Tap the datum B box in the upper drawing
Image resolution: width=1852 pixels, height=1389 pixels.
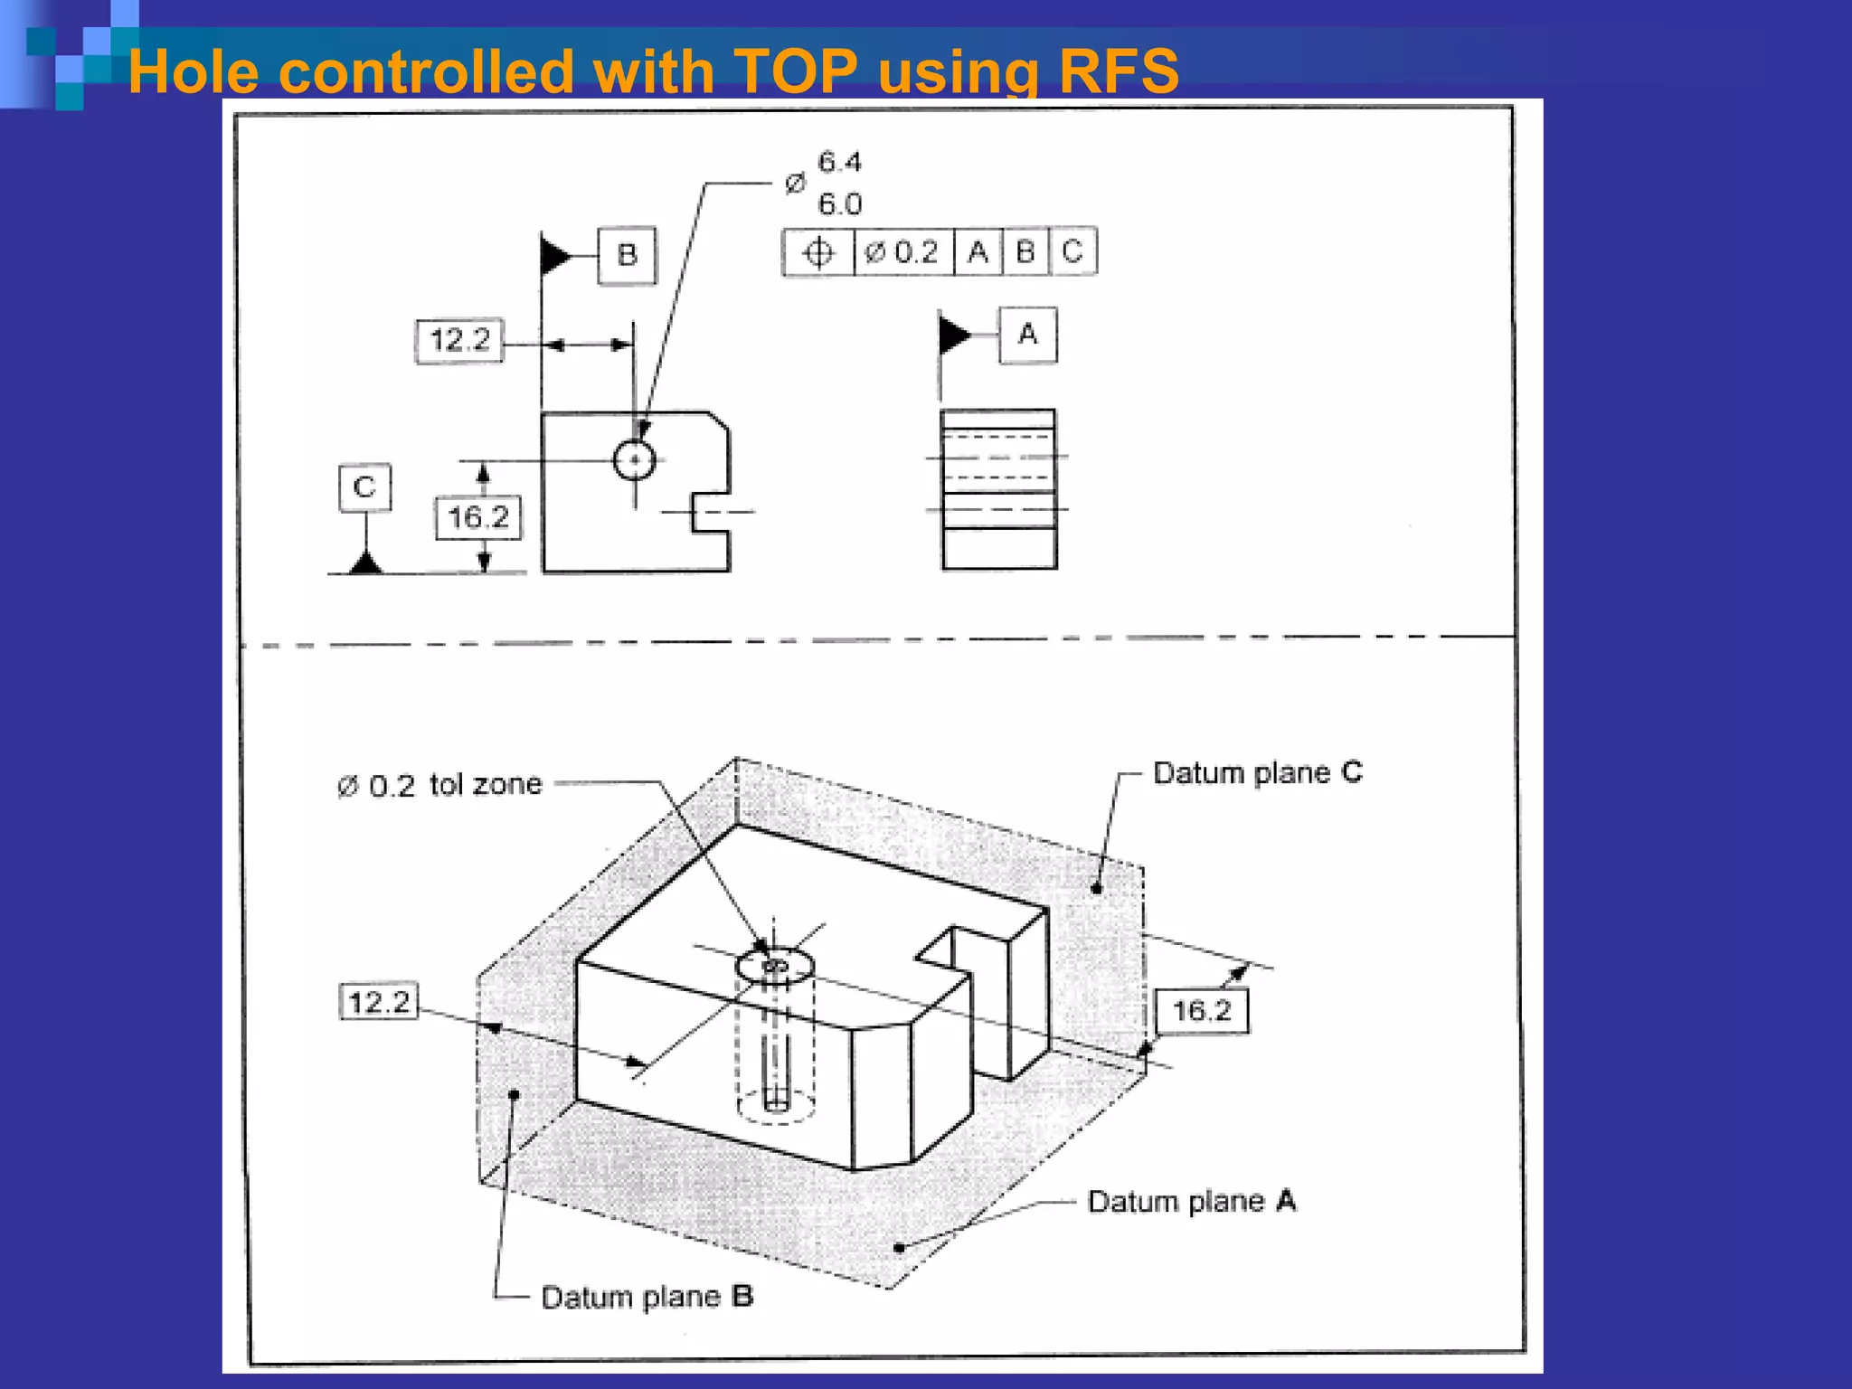coord(627,256)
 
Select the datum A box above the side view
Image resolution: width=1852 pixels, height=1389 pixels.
coord(1027,335)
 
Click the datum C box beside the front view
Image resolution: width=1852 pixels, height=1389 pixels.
coord(364,487)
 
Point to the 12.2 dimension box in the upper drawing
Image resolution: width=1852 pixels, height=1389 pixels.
coord(459,341)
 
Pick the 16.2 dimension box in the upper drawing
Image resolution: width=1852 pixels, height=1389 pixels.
coord(478,518)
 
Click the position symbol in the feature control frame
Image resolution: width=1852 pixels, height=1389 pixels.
coord(817,252)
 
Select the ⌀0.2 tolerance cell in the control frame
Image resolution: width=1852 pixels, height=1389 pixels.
coord(902,252)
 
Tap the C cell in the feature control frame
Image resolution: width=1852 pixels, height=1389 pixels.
coord(1072,252)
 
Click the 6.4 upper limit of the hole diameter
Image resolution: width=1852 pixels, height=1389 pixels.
coord(840,163)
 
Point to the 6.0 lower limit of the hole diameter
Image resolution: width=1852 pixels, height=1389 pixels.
coord(840,204)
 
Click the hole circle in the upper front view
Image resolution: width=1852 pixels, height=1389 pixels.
coord(634,460)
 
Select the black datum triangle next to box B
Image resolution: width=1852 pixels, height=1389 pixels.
coord(555,256)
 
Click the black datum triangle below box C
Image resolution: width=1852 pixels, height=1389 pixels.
coord(365,562)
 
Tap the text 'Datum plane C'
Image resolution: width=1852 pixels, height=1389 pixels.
coord(1258,773)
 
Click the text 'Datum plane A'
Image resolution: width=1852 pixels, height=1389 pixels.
coord(1192,1202)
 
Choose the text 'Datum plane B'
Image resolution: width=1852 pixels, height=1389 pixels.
coord(647,1297)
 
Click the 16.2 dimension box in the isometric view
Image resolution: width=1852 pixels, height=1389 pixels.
coord(1202,1010)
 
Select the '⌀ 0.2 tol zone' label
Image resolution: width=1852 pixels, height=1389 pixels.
coord(440,785)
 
